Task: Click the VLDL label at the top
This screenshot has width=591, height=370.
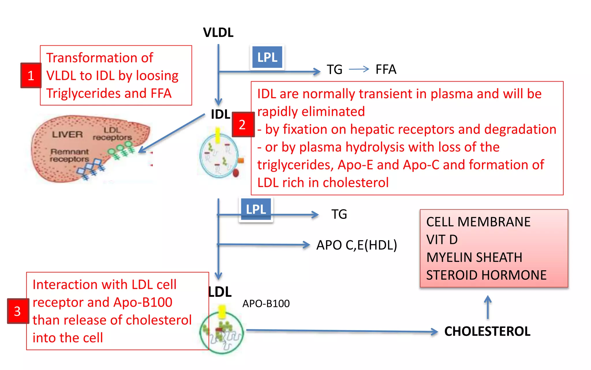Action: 218,32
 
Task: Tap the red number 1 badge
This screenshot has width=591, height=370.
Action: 31,75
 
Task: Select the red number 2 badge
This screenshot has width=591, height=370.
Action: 243,124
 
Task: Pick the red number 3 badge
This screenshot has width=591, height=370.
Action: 18,311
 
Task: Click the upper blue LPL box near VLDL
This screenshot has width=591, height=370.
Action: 267,57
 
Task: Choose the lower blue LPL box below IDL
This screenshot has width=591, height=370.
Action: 256,209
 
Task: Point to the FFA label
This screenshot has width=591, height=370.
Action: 386,69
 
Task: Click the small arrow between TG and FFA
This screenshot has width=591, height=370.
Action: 359,69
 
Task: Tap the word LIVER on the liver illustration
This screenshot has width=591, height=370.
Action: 67,134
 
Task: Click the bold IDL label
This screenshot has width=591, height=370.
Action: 220,114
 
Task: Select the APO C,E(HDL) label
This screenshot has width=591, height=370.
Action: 357,245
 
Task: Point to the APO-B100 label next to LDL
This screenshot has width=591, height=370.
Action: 266,304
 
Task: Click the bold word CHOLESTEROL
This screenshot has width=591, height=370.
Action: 487,331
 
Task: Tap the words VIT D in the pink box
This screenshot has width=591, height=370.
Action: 442,240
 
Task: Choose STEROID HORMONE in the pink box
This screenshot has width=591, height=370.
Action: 486,275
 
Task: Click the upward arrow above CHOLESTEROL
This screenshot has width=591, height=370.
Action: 488,307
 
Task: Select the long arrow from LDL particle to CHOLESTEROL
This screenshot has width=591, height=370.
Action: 341,331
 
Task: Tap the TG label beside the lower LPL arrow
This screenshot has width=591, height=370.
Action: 339,214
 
